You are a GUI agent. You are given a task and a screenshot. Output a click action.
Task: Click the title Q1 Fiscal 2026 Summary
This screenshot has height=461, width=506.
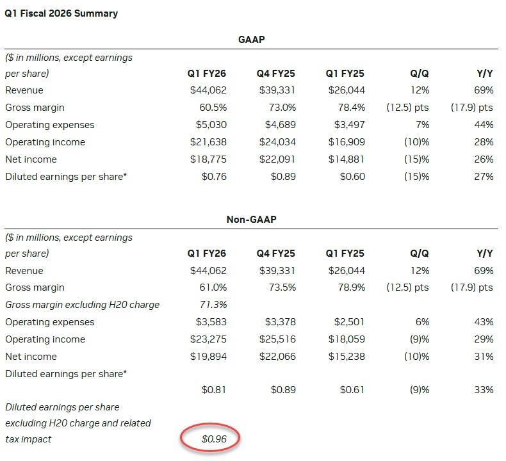61,13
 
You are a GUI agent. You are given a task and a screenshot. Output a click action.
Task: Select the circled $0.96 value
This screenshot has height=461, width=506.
214,439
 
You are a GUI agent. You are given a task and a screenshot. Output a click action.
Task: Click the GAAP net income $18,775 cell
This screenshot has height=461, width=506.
208,159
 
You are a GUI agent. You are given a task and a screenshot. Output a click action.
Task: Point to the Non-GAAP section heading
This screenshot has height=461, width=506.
251,220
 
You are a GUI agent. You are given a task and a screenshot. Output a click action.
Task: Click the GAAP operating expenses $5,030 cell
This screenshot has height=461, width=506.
211,125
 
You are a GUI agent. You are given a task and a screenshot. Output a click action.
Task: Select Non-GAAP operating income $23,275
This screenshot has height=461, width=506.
208,339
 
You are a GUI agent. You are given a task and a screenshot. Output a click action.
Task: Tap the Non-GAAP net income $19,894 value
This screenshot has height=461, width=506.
208,357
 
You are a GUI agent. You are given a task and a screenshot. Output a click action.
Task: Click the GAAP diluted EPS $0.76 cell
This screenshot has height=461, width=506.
214,177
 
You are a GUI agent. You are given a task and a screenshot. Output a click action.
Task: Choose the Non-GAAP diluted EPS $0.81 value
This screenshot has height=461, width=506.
214,389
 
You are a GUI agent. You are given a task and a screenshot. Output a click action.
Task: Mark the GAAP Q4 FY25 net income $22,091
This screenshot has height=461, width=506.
277,159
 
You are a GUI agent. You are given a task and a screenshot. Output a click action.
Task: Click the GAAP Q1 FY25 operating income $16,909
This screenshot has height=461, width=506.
347,142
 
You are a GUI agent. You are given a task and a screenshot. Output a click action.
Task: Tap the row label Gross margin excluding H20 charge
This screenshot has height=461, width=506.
82,305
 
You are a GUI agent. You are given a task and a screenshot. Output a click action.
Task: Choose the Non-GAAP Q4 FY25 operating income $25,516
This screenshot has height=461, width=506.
277,339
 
